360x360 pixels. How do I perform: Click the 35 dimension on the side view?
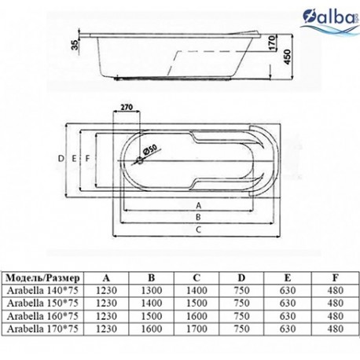pyautogui.click(x=75, y=45)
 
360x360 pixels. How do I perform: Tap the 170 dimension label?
pyautogui.click(x=273, y=42)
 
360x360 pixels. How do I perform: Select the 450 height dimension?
pyautogui.click(x=288, y=57)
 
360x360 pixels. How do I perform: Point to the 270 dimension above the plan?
pyautogui.click(x=127, y=107)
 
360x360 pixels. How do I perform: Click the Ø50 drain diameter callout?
pyautogui.click(x=149, y=150)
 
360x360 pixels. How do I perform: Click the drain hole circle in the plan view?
pyautogui.click(x=140, y=160)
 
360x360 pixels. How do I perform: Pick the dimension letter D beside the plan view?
pyautogui.click(x=61, y=158)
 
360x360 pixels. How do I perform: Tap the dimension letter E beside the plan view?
pyautogui.click(x=74, y=158)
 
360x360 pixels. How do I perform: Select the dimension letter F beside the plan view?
pyautogui.click(x=88, y=158)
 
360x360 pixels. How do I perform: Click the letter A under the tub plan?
pyautogui.click(x=199, y=206)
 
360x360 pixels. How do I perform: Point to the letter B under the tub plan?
pyautogui.click(x=198, y=217)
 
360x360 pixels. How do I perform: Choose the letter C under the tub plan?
pyautogui.click(x=198, y=230)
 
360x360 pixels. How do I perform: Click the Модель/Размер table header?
pyautogui.click(x=42, y=278)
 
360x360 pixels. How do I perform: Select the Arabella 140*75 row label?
pyautogui.click(x=42, y=290)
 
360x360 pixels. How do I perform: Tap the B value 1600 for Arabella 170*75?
pyautogui.click(x=152, y=329)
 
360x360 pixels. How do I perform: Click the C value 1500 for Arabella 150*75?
pyautogui.click(x=197, y=303)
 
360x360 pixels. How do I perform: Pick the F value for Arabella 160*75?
pyautogui.click(x=336, y=316)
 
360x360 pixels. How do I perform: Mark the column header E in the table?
pyautogui.click(x=288, y=277)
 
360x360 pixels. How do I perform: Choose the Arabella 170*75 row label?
pyautogui.click(x=42, y=329)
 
